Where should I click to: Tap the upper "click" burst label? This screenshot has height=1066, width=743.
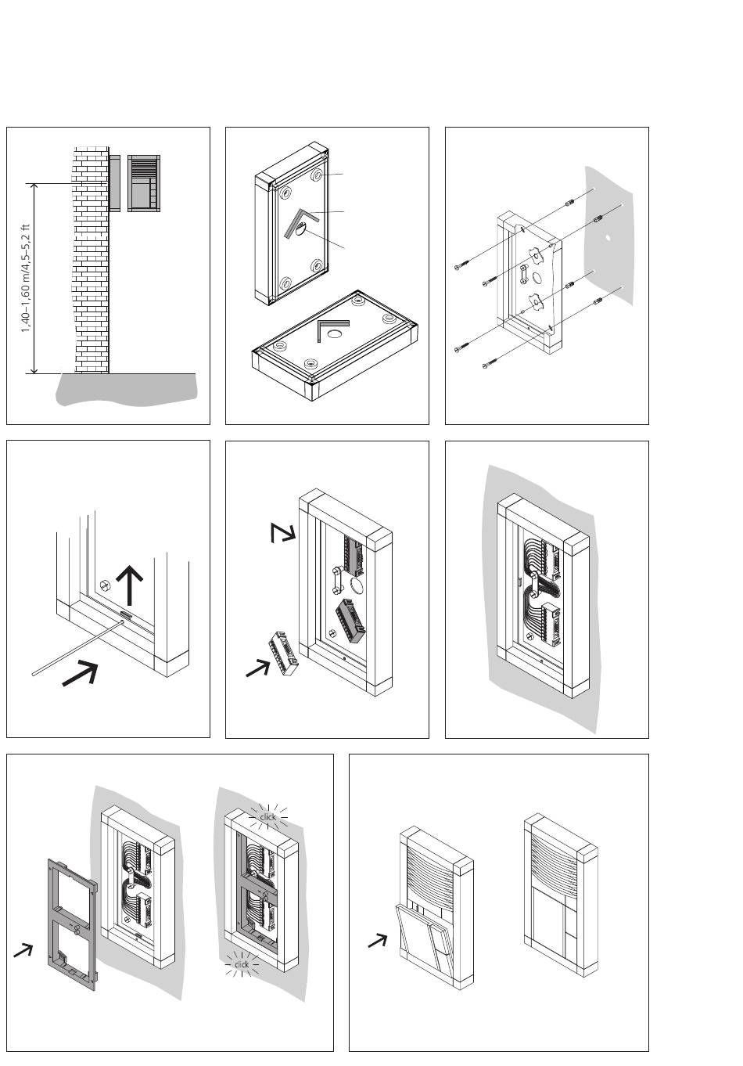point(267,817)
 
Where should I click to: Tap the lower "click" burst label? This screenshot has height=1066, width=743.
point(242,964)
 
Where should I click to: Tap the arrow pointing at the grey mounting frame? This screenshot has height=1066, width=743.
point(23,950)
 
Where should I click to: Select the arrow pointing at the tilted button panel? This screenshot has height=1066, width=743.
point(378,941)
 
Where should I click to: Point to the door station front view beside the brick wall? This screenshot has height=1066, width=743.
point(143,182)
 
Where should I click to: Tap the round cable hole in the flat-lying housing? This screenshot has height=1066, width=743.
point(335,333)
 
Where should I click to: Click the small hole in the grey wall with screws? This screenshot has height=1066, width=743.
point(608,236)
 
